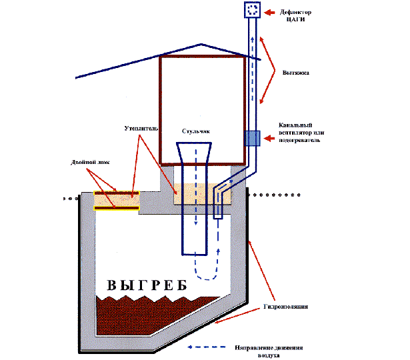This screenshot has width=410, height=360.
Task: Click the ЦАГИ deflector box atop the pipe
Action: [x=253, y=10]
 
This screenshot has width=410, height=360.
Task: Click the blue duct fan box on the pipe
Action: [x=253, y=138]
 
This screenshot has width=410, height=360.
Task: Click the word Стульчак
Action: [x=195, y=132]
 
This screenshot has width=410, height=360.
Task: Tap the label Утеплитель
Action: [x=138, y=127]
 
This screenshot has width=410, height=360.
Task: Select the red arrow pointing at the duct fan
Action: [x=271, y=138]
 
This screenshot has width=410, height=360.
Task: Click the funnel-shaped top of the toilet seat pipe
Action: [x=195, y=154]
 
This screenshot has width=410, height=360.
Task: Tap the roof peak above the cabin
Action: [x=201, y=45]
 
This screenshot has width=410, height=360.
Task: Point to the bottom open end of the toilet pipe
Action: [x=195, y=253]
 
